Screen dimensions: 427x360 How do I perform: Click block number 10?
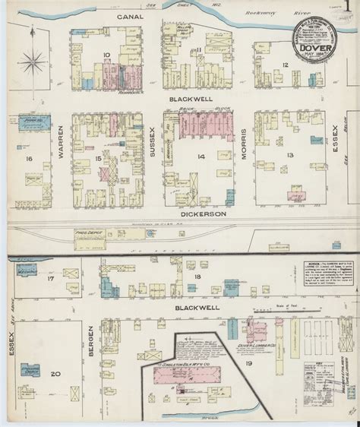point(108,55)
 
